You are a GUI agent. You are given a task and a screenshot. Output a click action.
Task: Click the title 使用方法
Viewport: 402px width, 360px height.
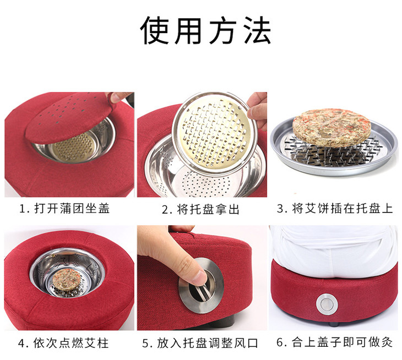coord(205,30)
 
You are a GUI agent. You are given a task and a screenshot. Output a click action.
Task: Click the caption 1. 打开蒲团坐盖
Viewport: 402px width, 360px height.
coord(64,208)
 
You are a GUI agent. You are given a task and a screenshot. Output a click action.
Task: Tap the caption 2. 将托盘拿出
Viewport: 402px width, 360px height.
coord(200,209)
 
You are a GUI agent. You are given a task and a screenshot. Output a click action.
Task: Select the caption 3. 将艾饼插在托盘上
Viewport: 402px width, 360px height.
coord(335,208)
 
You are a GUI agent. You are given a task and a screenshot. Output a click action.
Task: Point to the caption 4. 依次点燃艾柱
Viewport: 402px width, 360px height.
coord(63,343)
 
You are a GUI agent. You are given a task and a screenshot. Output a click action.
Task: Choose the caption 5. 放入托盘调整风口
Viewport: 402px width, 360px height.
coord(200,343)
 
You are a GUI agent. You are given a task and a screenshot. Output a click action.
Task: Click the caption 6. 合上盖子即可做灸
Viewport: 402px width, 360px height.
coord(335,342)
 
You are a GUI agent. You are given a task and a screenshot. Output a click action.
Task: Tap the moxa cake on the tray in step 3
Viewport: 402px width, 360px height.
coord(332,128)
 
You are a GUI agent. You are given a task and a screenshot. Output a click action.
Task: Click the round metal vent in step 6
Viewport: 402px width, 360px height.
coord(327,304)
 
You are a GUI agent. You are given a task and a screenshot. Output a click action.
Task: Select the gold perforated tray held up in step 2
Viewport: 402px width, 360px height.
coord(215,133)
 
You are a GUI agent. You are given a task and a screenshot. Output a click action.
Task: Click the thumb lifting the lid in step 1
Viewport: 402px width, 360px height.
coord(119,97)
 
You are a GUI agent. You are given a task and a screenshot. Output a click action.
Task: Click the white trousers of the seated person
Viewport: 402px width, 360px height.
coord(333,251)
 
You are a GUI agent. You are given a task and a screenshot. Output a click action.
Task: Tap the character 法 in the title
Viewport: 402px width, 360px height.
coord(257,30)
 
